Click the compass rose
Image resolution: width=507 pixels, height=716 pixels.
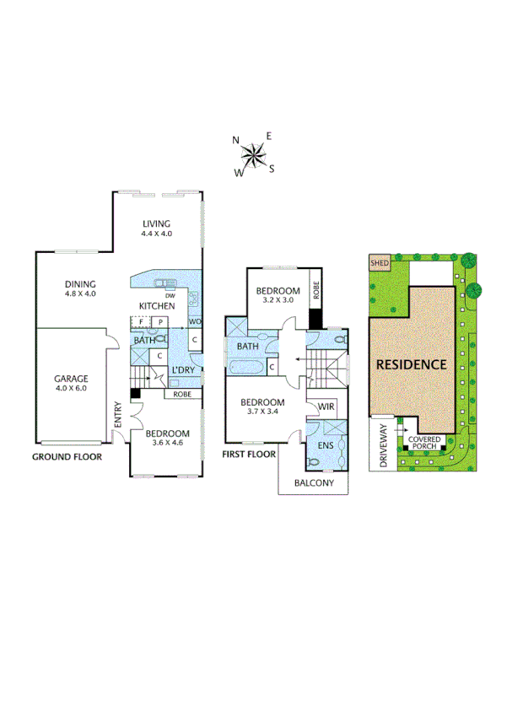coord(254,154)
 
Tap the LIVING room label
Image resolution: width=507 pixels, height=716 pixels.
coord(156,223)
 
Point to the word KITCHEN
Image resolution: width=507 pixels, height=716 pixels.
coord(158,305)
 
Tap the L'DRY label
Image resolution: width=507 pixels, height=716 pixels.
coord(183,371)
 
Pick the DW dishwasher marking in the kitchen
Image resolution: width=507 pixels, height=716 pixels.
coord(170,295)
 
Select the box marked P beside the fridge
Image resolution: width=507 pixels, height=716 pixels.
coord(158,322)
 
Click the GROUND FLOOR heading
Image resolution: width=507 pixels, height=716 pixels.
coord(67,456)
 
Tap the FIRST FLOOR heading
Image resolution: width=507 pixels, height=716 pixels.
coord(249,454)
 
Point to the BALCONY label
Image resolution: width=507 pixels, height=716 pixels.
coord(314,483)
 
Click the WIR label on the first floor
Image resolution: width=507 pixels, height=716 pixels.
coord(326,407)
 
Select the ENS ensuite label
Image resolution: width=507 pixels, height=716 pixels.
coord(326,444)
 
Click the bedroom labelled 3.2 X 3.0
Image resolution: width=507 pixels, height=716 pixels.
coord(278,295)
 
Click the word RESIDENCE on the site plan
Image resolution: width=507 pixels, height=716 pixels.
coord(410,365)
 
